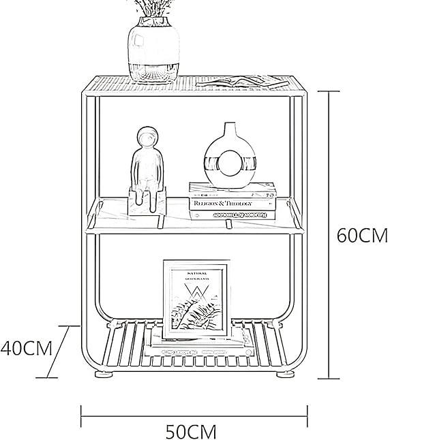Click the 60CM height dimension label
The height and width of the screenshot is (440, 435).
click(362, 236)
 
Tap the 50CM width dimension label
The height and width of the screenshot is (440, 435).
click(191, 431)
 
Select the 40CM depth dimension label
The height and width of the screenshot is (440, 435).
click(27, 348)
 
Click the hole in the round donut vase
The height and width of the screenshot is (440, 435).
click(230, 164)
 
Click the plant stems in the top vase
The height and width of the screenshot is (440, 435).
click(153, 8)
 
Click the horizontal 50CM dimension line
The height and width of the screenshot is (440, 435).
click(194, 413)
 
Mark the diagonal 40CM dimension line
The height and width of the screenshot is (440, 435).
click(59, 351)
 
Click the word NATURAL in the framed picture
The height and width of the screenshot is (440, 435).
click(196, 272)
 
